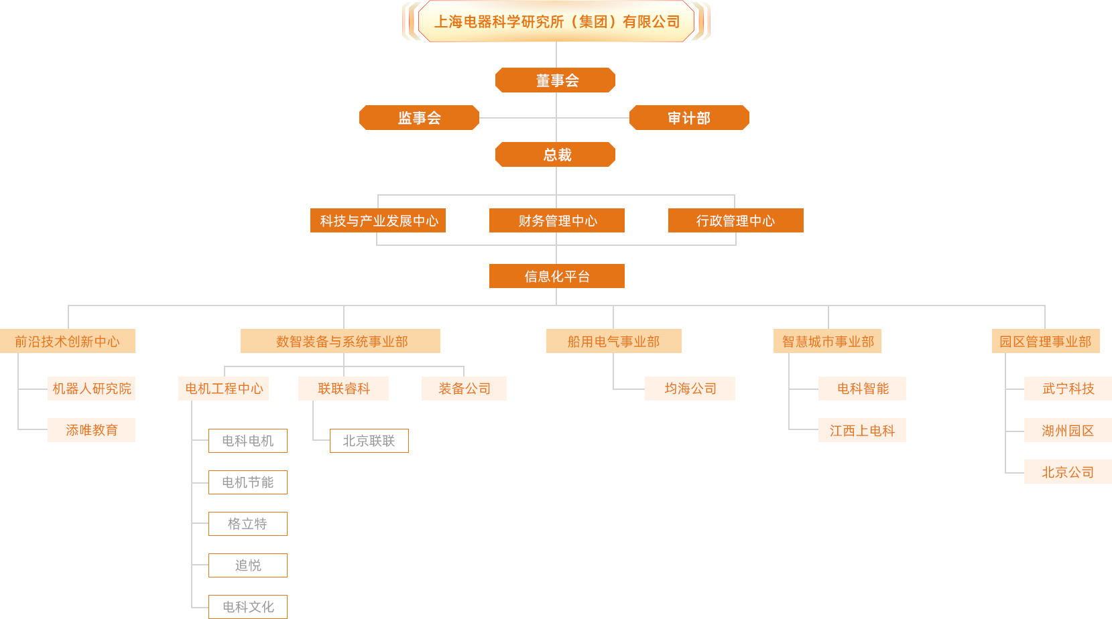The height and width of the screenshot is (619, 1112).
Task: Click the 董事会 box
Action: click(556, 80)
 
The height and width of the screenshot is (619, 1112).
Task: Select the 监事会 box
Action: click(419, 118)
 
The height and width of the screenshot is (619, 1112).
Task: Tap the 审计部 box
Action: click(689, 118)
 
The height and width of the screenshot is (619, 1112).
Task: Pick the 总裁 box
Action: click(556, 155)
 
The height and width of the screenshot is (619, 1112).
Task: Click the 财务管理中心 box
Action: click(557, 220)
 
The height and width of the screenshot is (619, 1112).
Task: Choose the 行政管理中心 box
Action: click(735, 220)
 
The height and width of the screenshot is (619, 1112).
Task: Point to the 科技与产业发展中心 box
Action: click(378, 220)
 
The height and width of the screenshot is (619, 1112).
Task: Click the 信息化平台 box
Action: click(557, 276)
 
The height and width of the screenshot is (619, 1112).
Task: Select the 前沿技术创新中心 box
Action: click(67, 341)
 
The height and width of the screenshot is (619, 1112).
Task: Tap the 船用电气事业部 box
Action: click(613, 341)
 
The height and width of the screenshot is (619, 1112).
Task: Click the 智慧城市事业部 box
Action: click(827, 341)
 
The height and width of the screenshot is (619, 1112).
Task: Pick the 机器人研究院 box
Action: click(91, 389)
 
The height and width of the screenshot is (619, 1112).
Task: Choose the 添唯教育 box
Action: click(91, 430)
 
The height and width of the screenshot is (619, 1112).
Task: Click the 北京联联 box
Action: click(369, 441)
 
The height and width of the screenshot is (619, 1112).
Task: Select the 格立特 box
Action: click(247, 524)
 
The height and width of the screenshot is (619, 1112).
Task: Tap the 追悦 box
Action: click(247, 565)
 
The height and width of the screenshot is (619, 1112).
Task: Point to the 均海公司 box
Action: click(690, 389)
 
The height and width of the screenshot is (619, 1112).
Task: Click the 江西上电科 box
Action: click(862, 430)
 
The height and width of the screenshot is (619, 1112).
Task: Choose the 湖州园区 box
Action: click(1067, 430)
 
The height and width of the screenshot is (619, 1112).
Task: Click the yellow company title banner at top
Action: click(556, 21)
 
